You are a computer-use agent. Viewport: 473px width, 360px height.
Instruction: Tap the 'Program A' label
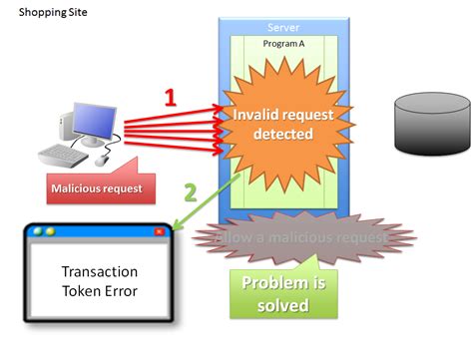coord(282,45)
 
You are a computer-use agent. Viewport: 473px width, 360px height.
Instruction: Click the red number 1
coord(171,98)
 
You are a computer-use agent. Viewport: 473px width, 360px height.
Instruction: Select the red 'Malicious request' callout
coord(96,187)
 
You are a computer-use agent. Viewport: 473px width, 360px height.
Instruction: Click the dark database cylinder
coord(431,121)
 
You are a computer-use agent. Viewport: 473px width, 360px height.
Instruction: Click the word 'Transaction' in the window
coord(100,272)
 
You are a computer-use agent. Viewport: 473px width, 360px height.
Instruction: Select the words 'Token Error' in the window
coord(100,291)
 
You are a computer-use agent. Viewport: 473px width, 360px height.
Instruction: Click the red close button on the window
coord(159,231)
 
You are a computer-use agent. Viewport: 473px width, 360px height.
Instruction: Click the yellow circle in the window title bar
coord(51,231)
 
